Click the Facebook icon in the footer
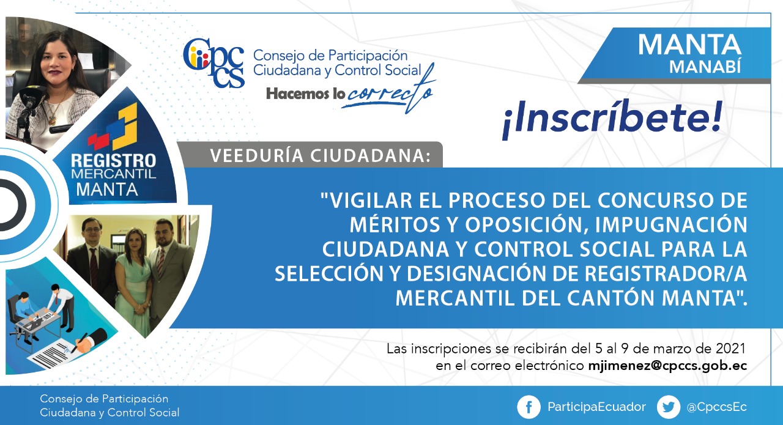[x=529, y=407]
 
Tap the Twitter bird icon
[x=669, y=407]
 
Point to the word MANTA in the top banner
[x=689, y=45]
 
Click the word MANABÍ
[x=705, y=67]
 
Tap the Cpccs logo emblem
[x=213, y=63]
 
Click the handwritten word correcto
[x=388, y=92]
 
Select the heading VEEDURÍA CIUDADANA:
[x=320, y=156]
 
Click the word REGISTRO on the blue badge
[x=114, y=161]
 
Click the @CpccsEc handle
[x=716, y=407]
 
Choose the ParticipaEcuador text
[x=596, y=407]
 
